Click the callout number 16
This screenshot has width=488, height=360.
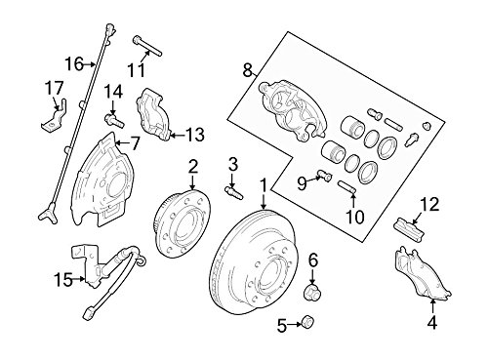click(x=74, y=64)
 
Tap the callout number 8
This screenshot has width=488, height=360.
click(x=248, y=70)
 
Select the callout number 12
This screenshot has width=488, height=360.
click(x=429, y=205)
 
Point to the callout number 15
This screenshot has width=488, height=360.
click(x=63, y=280)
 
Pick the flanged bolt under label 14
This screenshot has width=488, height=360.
click(x=114, y=121)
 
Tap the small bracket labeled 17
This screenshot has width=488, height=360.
click(x=55, y=116)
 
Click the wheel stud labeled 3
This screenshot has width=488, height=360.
click(x=234, y=192)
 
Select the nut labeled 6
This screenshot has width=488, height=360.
click(x=312, y=291)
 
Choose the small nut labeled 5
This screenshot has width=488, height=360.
click(x=307, y=321)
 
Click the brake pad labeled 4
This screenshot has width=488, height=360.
click(x=422, y=273)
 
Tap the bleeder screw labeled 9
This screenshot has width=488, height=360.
click(x=323, y=175)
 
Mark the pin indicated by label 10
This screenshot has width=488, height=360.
click(x=347, y=187)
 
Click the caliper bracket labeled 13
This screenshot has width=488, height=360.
click(x=153, y=114)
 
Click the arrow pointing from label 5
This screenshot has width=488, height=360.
click(x=295, y=324)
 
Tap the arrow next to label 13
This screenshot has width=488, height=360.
click(x=178, y=135)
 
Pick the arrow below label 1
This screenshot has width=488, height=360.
click(x=264, y=201)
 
